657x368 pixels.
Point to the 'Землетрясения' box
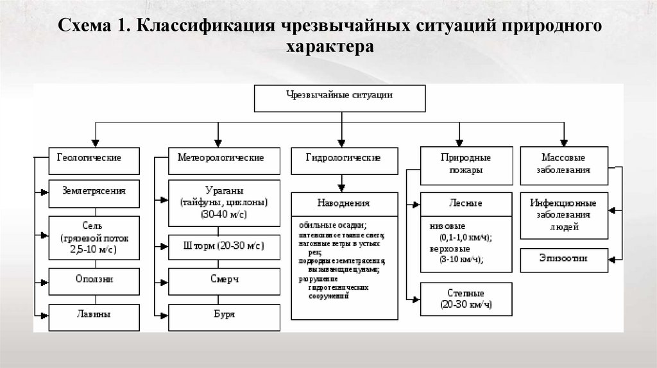(94, 190)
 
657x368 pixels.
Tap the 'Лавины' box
(94, 315)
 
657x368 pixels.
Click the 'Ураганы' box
(225, 203)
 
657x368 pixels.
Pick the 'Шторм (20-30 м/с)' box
(225, 246)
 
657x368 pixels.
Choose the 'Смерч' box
(225, 280)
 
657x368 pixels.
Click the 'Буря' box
(225, 315)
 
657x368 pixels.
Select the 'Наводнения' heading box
(344, 203)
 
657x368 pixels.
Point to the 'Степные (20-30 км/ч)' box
(466, 299)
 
